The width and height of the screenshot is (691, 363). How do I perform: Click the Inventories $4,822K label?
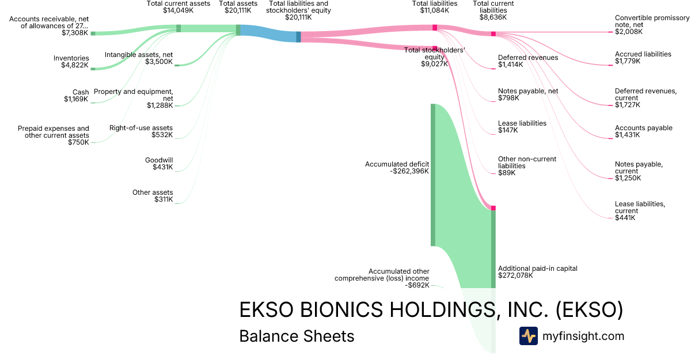click(x=71, y=62)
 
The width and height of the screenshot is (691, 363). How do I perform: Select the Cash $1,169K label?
click(x=76, y=96)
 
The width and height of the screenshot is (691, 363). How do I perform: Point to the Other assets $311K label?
click(x=153, y=196)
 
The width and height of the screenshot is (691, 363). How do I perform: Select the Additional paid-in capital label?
click(x=537, y=272)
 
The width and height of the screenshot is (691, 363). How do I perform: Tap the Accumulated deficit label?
click(x=397, y=168)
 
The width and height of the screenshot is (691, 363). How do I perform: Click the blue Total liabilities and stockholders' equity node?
click(x=298, y=37)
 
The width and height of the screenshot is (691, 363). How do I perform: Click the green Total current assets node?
click(x=179, y=28)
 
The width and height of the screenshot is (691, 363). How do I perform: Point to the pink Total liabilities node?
click(x=435, y=28)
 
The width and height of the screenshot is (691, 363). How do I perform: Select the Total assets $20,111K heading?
click(x=234, y=7)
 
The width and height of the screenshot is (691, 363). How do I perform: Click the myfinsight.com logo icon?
click(x=528, y=336)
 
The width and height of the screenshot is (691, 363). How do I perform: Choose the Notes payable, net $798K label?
click(x=527, y=94)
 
